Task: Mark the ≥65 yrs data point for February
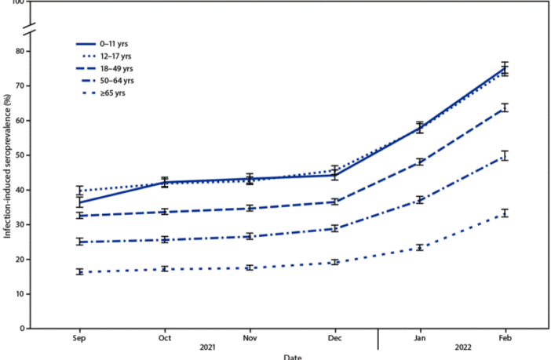click(505, 213)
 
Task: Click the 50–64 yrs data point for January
click(420, 200)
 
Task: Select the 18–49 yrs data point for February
click(505, 107)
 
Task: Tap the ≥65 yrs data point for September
click(79, 271)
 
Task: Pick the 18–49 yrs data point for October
click(165, 212)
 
